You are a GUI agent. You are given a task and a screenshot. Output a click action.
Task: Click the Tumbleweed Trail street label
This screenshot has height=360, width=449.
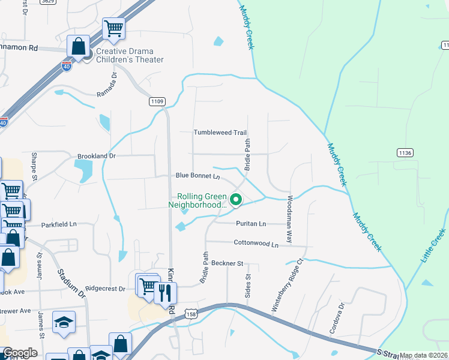tap(220, 133)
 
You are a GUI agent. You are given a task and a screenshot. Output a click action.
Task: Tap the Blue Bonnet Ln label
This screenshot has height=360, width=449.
tap(198, 176)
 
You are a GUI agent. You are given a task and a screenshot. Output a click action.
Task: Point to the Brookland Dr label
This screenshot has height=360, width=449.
tap(95, 156)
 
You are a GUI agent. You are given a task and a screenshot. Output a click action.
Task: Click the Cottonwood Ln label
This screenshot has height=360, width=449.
tap(256, 244)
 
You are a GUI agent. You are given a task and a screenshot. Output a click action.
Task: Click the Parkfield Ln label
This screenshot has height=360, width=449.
tap(59, 224)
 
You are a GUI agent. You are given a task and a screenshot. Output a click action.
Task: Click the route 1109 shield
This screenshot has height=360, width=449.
tap(157, 102)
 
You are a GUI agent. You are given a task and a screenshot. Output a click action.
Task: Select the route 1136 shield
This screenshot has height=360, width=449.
tap(405, 153)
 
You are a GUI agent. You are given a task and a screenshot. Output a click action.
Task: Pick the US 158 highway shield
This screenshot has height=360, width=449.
tap(191, 314)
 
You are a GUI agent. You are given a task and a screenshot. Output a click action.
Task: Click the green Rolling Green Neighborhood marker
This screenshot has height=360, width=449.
tap(236, 200)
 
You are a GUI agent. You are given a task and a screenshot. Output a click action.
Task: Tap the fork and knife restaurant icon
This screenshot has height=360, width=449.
tap(165, 293)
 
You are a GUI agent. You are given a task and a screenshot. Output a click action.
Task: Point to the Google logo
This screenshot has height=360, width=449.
tap(20, 353)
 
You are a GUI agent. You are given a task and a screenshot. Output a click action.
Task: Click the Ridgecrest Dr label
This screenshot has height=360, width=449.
tap(105, 289)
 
